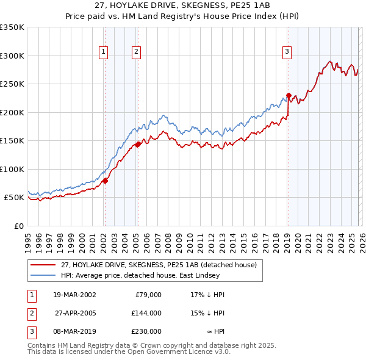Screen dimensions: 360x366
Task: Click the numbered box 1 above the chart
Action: [x=104, y=52]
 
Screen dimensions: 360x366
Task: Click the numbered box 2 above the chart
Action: [x=136, y=52]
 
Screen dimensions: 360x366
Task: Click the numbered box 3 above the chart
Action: [x=286, y=52]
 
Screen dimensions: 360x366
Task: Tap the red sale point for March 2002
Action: [x=105, y=181]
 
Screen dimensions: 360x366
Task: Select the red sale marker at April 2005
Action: [x=138, y=145]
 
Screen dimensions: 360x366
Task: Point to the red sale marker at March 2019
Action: [x=289, y=95]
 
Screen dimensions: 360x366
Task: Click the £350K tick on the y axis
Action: [x=12, y=27]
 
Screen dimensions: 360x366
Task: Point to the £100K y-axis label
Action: [x=12, y=169]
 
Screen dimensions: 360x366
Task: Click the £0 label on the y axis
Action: [x=18, y=226]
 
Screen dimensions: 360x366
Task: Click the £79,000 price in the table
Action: [x=147, y=294]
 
